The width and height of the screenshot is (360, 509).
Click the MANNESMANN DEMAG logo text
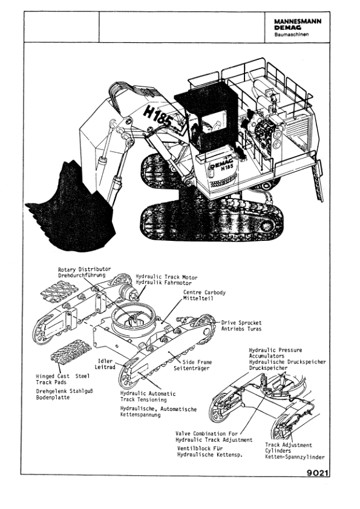pos(297,24)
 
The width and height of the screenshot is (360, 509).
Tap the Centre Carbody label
pos(205,292)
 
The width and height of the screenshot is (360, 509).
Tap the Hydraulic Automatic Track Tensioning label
pos(149,396)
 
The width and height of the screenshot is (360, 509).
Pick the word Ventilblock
pos(193,448)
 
